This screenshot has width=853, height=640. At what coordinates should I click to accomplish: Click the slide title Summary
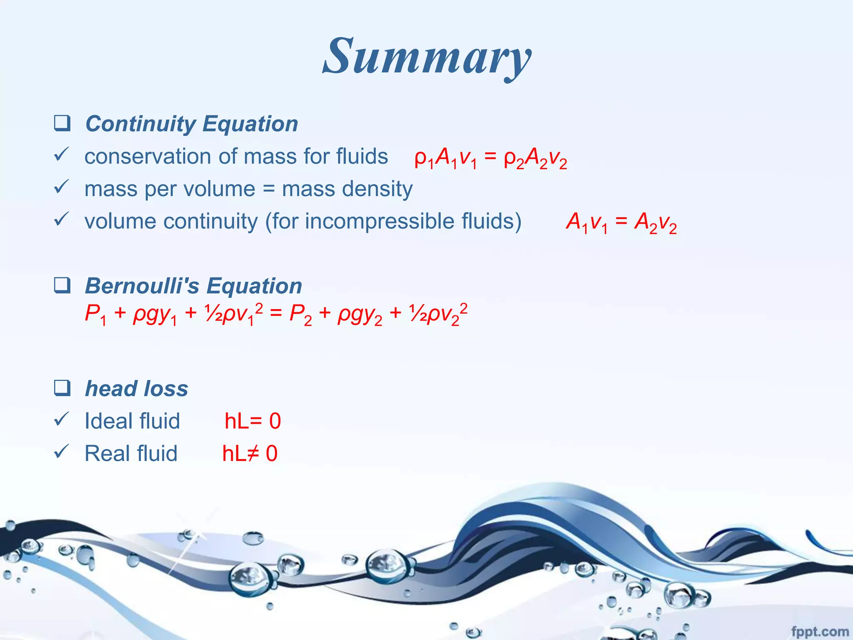point(427,56)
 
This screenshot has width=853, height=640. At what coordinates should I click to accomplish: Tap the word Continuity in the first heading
point(140,124)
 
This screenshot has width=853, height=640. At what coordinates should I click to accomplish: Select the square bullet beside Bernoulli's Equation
point(62,285)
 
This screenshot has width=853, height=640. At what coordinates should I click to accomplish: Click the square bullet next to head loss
point(62,388)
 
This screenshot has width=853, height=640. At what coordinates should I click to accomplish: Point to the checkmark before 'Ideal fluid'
point(61,419)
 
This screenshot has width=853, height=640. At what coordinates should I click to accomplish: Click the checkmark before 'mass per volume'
point(61,187)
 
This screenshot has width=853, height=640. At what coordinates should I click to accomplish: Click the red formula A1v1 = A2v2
point(621,222)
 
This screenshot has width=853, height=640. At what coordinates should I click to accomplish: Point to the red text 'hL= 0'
point(252,421)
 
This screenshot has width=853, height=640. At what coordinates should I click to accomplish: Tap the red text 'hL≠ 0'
point(249,453)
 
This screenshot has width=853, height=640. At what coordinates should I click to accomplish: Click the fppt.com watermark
point(819,632)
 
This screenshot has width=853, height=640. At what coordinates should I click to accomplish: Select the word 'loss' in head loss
point(165,389)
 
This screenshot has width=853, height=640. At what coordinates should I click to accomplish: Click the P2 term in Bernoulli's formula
point(300,314)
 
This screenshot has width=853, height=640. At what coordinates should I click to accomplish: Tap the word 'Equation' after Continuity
point(250,124)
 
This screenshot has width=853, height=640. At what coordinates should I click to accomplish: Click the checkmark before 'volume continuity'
point(61,219)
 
